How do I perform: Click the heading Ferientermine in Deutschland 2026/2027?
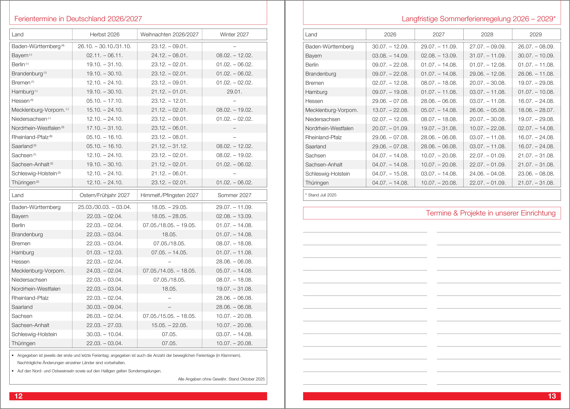click(78, 19)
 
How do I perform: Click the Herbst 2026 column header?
click(105, 34)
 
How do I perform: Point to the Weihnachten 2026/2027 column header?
click(169, 34)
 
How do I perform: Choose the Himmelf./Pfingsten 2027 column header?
click(169, 195)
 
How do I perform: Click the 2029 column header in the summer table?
click(536, 34)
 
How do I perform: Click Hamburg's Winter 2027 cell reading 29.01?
click(234, 92)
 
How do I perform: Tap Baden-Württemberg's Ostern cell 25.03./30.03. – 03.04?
click(105, 207)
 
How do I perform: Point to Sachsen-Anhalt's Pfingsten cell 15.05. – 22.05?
click(169, 325)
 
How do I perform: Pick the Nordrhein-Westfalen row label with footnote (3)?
click(38, 128)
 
